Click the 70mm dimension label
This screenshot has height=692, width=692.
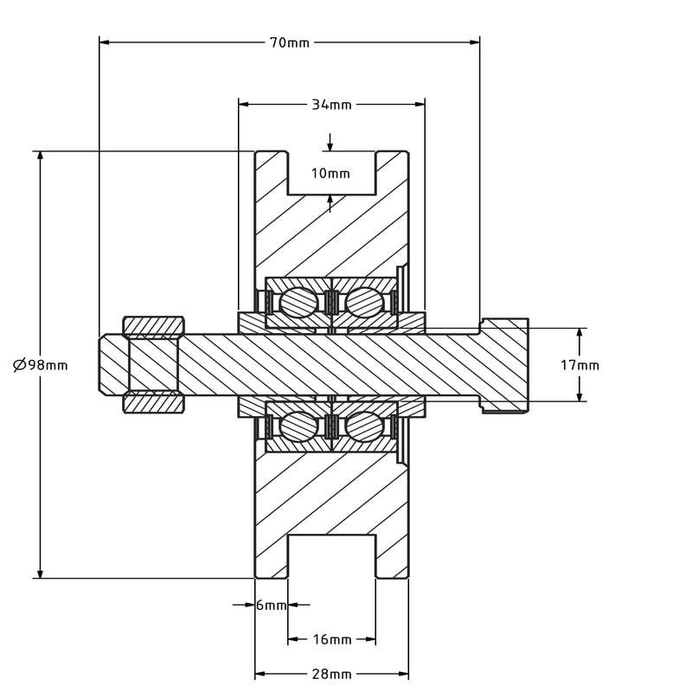click(290, 42)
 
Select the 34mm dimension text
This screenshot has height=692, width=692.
click(332, 105)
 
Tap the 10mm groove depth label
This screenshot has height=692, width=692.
click(330, 174)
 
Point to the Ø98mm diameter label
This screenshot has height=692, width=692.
click(41, 365)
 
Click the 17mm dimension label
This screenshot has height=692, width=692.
click(580, 365)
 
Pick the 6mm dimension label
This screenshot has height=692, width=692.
click(272, 605)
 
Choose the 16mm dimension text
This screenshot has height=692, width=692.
click(332, 639)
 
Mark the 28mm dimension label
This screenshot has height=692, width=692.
click(332, 675)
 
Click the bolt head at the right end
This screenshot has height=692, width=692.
click(504, 365)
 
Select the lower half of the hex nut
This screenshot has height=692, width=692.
click(153, 402)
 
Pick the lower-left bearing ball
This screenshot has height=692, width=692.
click(298, 426)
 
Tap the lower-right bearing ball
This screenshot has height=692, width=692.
click(364, 426)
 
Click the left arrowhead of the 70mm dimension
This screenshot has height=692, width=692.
click(104, 42)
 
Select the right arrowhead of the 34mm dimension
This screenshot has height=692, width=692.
click(420, 105)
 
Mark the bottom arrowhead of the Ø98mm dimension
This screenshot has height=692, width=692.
click(40, 573)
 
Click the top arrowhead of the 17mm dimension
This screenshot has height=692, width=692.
click(580, 334)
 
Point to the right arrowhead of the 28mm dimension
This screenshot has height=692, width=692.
click(403, 674)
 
